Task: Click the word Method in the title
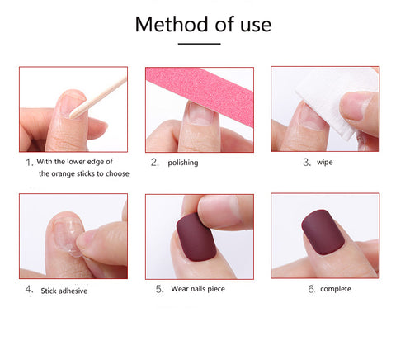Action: coord(172,24)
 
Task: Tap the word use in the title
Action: coord(256,26)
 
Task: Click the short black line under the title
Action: coord(199,44)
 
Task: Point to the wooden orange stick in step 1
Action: coord(98,97)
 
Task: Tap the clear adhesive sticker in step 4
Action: coord(68,236)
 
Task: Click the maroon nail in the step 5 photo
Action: coord(196,237)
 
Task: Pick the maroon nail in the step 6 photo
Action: coord(323,232)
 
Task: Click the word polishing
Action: coord(183,163)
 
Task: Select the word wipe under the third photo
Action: coord(324,163)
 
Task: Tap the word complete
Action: coord(336,289)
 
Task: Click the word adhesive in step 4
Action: coord(73,291)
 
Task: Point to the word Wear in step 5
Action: coord(179,289)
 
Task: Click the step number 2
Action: coord(154,163)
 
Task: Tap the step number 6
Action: coord(311,289)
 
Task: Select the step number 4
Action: coord(29,290)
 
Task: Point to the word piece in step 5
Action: coord(216,289)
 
